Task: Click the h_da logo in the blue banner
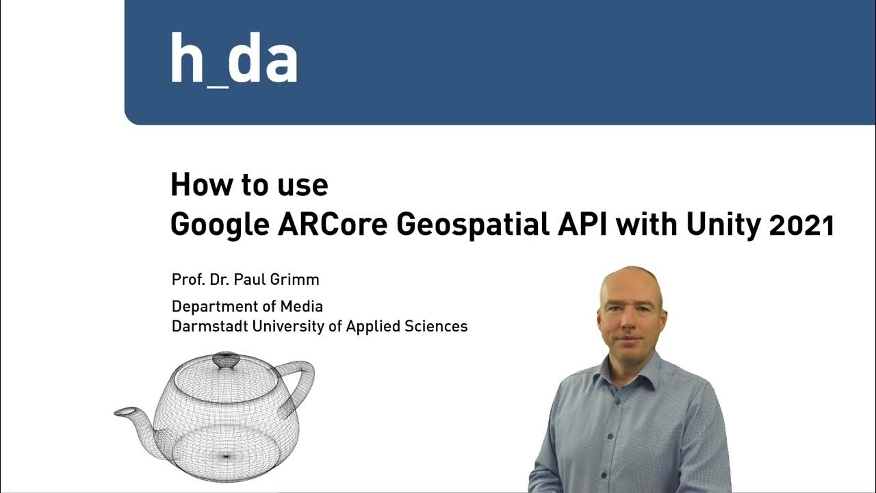[233, 60]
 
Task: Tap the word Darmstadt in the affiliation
[210, 327]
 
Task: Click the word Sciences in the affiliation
[438, 327]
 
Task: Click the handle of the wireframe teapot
[299, 381]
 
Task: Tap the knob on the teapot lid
[225, 359]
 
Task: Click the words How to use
[249, 186]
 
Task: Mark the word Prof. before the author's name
[185, 280]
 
